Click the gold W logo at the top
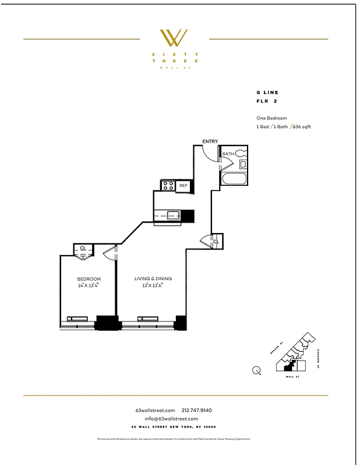point(175,38)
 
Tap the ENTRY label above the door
point(210,142)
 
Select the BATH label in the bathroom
point(228,154)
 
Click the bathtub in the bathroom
point(234,179)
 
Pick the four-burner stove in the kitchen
point(168,186)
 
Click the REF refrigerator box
point(183,186)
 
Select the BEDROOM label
point(89,279)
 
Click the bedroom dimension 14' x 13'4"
point(89,285)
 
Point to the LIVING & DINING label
point(152,279)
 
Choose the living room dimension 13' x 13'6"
point(152,285)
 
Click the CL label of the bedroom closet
point(83,249)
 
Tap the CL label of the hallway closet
point(216,241)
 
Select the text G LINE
point(267,93)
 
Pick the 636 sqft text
point(302,126)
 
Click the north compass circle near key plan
point(257,369)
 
